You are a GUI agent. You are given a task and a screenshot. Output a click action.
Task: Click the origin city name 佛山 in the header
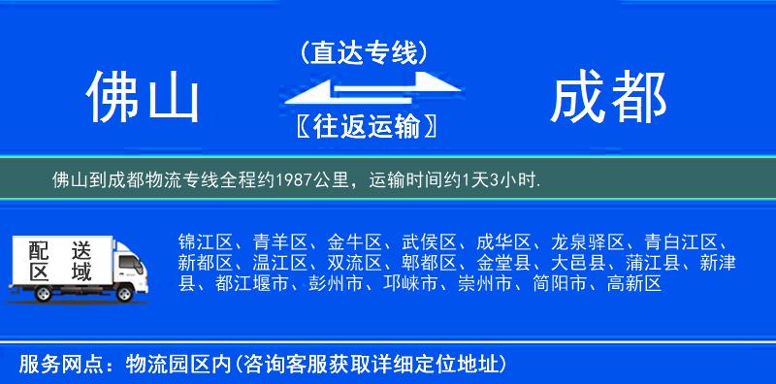point(142,98)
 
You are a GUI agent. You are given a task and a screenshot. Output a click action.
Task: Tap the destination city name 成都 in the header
point(609,98)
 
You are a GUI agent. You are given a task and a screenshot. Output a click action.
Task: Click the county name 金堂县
point(502,263)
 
